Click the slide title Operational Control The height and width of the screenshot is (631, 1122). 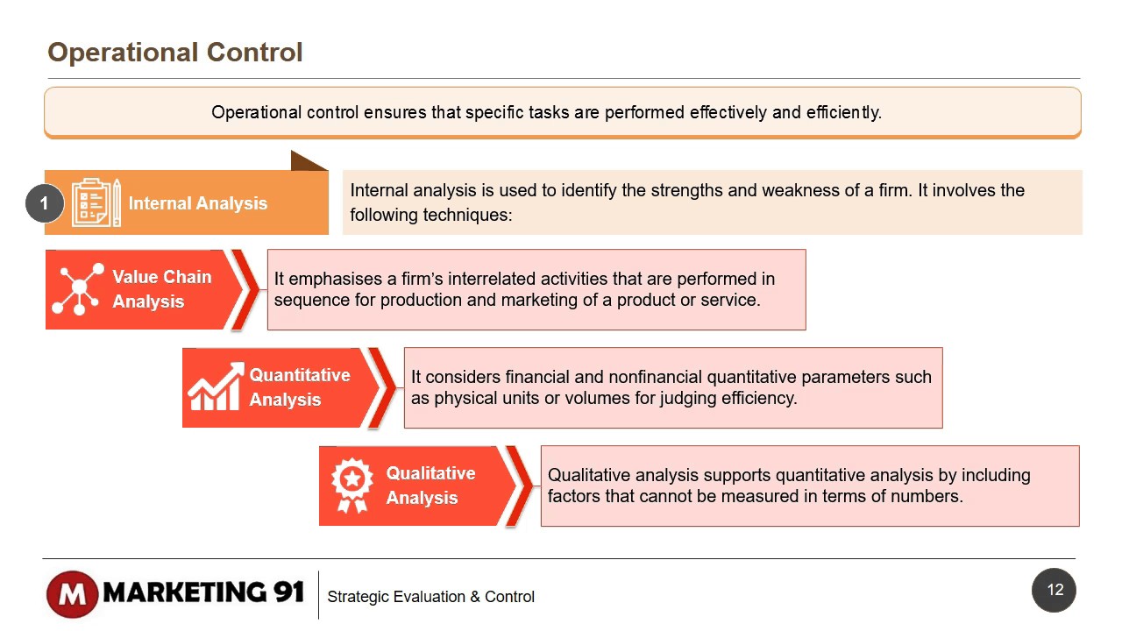[x=175, y=53]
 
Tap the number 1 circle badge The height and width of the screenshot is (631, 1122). [x=44, y=203]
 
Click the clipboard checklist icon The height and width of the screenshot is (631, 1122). [x=96, y=203]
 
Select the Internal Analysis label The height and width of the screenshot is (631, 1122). [x=198, y=203]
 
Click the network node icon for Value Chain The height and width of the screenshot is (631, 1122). [x=78, y=289]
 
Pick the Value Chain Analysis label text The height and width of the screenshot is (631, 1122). [x=161, y=289]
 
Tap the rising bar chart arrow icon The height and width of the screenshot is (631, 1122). [x=215, y=387]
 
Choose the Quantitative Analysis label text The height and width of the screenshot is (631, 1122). [x=299, y=387]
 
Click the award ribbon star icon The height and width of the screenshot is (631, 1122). [x=352, y=486]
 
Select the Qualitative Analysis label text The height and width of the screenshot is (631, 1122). [x=430, y=486]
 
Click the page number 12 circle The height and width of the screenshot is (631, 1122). [x=1055, y=590]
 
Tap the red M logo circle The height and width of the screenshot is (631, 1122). [x=72, y=594]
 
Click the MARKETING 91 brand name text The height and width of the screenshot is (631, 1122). [x=203, y=592]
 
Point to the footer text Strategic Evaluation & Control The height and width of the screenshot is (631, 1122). [x=430, y=597]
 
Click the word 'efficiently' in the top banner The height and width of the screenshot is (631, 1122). [x=842, y=112]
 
